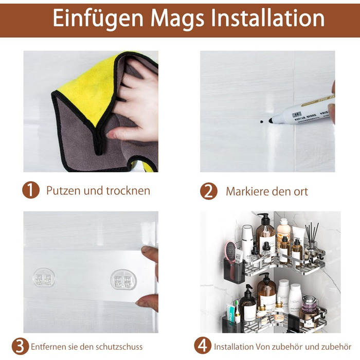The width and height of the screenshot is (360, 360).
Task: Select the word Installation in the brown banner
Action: (268, 17)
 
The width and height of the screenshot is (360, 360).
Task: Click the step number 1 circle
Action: (31, 190)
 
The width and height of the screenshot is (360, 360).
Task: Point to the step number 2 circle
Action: (209, 191)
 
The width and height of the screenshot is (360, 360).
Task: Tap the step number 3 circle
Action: (20, 346)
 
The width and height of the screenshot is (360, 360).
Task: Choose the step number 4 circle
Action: (203, 346)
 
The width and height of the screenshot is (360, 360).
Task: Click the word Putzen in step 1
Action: (64, 191)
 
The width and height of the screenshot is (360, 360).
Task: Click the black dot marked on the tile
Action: (261, 121)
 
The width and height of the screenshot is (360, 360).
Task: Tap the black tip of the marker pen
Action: (271, 120)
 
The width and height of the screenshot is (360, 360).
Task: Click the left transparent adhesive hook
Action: (44, 278)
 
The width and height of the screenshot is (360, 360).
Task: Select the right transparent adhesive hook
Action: (123, 279)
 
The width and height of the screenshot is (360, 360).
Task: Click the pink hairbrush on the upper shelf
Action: (230, 251)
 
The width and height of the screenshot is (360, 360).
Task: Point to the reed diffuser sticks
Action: (312, 232)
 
